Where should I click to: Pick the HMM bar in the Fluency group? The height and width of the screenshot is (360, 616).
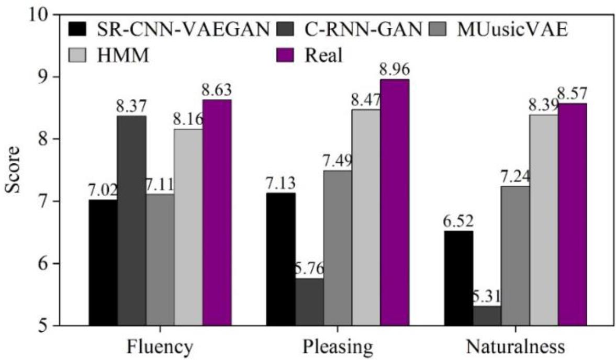(x=188, y=227)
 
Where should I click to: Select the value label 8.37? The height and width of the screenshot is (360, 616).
(x=131, y=107)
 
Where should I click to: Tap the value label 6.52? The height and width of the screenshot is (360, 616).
(x=458, y=221)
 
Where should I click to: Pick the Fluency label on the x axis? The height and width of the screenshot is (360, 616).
(x=160, y=347)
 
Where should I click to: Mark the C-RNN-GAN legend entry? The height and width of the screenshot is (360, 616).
(x=348, y=31)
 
